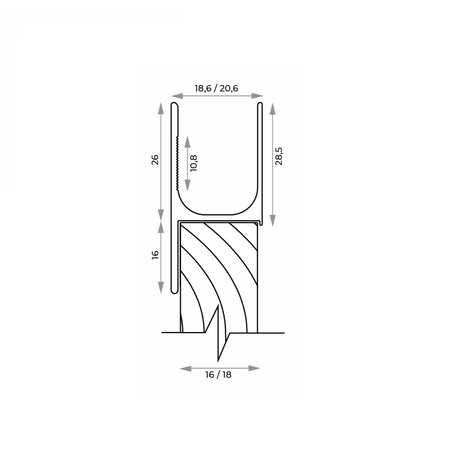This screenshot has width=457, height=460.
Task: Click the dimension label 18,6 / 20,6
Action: tap(216, 89)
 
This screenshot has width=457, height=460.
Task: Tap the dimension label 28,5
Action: tap(278, 156)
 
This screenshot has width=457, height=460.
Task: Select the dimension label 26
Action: tap(155, 160)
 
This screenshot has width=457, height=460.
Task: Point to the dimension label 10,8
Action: tap(193, 163)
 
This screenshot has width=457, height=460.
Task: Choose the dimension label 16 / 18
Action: tap(218, 375)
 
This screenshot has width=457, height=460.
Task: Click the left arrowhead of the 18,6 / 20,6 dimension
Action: tap(177, 96)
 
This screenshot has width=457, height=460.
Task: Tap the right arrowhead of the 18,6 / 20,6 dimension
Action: tap(258, 96)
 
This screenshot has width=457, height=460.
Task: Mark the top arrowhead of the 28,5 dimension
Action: tap(272, 109)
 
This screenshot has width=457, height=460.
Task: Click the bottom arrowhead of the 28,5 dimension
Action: tap(272, 220)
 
